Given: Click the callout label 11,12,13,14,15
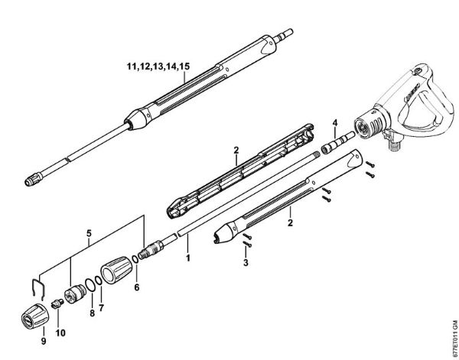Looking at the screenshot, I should click(158, 68).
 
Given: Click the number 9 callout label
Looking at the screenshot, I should click(43, 339).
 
